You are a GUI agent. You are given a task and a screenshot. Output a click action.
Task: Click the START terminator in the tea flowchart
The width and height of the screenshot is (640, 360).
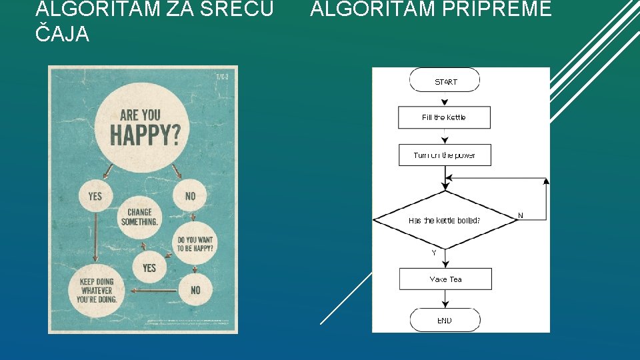pyautogui.click(x=445, y=81)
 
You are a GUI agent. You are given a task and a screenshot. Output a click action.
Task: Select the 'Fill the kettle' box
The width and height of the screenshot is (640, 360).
pyautogui.click(x=444, y=117)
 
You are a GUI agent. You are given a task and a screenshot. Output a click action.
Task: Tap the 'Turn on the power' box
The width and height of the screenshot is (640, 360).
pyautogui.click(x=444, y=155)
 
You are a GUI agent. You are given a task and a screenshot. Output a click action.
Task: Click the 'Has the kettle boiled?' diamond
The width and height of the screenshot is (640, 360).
pyautogui.click(x=445, y=219)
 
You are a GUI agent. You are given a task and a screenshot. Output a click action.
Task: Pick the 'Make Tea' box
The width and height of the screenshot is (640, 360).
pyautogui.click(x=445, y=279)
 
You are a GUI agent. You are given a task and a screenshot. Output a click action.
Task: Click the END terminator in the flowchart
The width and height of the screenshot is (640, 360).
pyautogui.click(x=445, y=320)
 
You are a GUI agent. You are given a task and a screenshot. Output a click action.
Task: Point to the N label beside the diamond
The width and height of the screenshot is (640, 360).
pyautogui.click(x=521, y=215)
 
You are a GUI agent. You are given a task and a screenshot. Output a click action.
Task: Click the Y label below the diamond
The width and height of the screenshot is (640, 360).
pyautogui.click(x=434, y=253)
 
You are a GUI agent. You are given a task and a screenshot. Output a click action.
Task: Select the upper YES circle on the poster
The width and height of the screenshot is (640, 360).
pyautogui.click(x=95, y=196)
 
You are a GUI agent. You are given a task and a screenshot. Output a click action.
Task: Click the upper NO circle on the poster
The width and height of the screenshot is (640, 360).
pyautogui.click(x=191, y=196)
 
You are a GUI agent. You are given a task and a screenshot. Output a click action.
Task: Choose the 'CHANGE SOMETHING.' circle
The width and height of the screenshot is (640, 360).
pyautogui.click(x=140, y=216)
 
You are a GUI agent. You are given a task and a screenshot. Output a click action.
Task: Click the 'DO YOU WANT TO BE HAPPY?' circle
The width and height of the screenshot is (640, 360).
pyautogui.click(x=195, y=244)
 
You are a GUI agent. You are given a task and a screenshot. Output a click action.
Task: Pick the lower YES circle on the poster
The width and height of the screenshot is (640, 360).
pyautogui.click(x=149, y=267)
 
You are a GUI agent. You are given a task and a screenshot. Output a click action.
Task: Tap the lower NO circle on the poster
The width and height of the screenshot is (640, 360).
pyautogui.click(x=195, y=290)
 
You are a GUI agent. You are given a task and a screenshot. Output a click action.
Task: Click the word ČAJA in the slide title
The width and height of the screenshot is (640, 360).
pyautogui.click(x=61, y=35)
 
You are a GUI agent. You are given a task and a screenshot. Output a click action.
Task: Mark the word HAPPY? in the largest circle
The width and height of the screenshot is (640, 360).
pyautogui.click(x=145, y=135)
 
